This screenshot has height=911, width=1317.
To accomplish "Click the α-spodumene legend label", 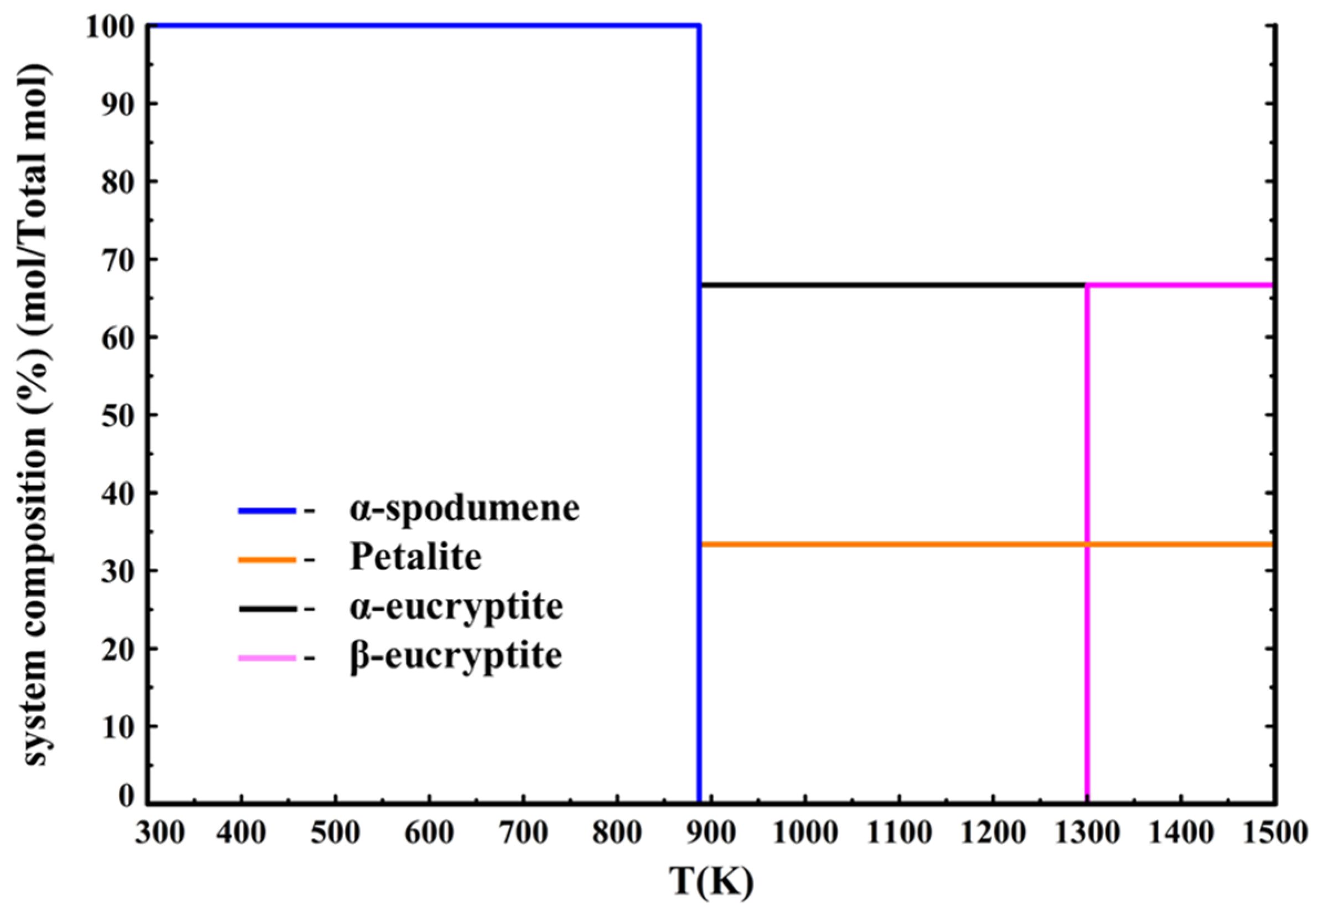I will pyautogui.click(x=464, y=509).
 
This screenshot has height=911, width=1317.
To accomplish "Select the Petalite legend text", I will pyautogui.click(x=416, y=557).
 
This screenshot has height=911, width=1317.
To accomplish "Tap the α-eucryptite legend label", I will pyautogui.click(x=456, y=606).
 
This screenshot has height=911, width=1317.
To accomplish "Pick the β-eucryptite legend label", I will pyautogui.click(x=456, y=655).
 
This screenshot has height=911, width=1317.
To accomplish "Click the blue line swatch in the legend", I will pyautogui.click(x=267, y=511).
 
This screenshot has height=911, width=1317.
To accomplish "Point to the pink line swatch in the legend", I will pyautogui.click(x=267, y=658).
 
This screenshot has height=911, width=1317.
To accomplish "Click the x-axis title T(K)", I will pyautogui.click(x=711, y=882).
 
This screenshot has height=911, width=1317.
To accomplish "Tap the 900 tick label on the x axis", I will pyautogui.click(x=711, y=833).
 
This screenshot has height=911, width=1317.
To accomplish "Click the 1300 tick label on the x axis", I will pyautogui.click(x=1086, y=833).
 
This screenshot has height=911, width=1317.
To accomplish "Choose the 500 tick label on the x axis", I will pyautogui.click(x=335, y=833).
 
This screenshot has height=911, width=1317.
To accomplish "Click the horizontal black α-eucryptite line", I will pyautogui.click(x=891, y=284).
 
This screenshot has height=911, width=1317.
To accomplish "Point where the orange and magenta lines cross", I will pyautogui.click(x=1087, y=544).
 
